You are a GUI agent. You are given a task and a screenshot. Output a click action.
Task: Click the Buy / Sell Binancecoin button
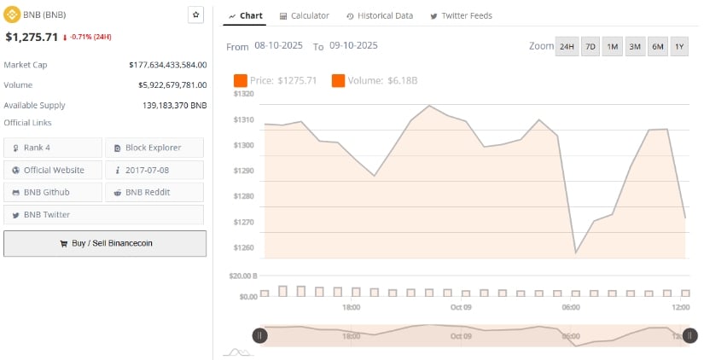tap(105, 243)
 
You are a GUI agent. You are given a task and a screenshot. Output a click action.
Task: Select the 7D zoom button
tap(590, 47)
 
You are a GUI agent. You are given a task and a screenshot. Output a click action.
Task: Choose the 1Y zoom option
tap(679, 47)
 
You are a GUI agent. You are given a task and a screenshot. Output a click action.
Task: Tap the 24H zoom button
tap(566, 47)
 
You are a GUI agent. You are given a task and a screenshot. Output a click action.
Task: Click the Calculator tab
tap(305, 16)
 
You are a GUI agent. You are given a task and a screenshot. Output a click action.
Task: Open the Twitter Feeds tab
tap(461, 16)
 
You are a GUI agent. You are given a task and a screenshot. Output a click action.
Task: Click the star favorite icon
tap(195, 15)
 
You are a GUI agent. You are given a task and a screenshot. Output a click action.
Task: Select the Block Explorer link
tap(154, 148)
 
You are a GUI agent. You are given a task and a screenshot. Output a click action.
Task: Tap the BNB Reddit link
tap(154, 192)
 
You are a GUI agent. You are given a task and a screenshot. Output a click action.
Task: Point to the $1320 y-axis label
tap(244, 94)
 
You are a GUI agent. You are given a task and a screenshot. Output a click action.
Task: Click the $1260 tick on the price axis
tap(244, 247)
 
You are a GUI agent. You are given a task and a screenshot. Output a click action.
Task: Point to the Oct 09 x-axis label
tap(461, 307)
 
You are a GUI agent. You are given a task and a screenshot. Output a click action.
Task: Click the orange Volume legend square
tap(339, 80)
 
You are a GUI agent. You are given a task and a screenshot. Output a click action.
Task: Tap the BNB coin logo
tap(10, 15)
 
